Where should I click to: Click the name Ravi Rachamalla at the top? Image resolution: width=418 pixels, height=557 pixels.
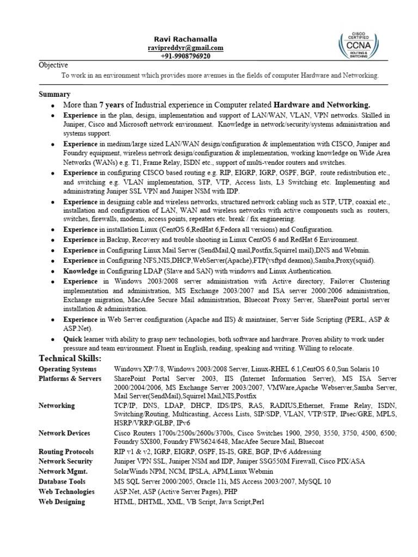tap(185, 39)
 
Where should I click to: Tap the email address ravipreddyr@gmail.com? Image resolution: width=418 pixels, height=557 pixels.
tap(185, 48)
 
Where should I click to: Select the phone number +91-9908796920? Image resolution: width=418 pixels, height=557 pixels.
tap(185, 57)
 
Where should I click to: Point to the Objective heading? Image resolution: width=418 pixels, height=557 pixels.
tap(53, 65)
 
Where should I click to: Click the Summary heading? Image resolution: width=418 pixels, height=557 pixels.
tap(54, 94)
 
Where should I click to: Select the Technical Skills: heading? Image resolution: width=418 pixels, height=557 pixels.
tap(70, 358)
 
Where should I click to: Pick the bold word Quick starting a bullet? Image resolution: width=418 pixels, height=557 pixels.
tap(73, 338)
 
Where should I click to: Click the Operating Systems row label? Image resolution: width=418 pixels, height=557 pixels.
tap(67, 369)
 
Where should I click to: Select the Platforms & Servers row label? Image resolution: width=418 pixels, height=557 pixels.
tap(70, 379)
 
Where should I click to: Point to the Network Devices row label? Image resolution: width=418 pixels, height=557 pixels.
tap(64, 433)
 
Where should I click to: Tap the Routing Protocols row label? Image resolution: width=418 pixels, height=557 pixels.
tap(66, 451)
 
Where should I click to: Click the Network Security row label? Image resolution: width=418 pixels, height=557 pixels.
tap(65, 461)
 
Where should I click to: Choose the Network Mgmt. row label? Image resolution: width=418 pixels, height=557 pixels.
tap(63, 471)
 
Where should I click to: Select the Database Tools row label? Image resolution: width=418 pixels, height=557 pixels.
tap(62, 481)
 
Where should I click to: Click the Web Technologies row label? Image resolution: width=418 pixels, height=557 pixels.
tap(66, 491)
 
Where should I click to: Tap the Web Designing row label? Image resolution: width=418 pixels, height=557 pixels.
tap(62, 502)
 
